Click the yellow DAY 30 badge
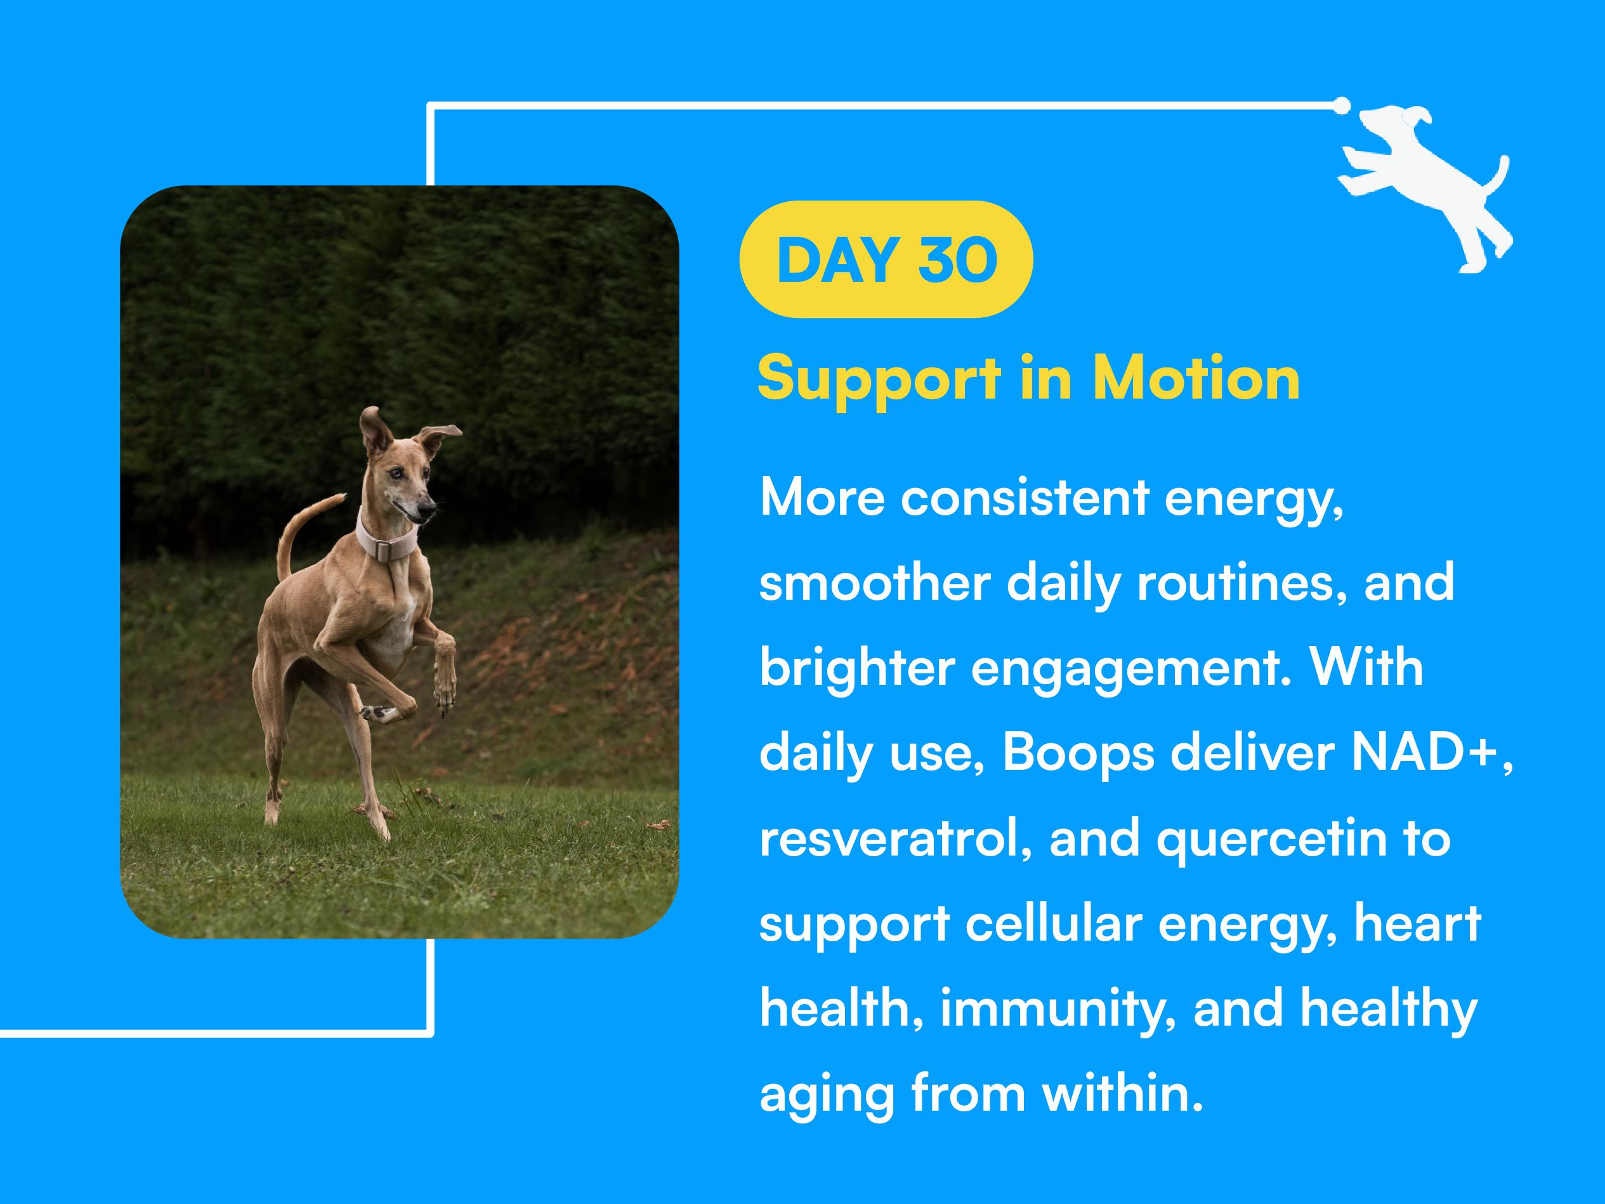[x=886, y=259]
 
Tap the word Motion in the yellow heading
[x=1196, y=378]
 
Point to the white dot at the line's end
[x=1342, y=105]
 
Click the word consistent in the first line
[x=1025, y=499]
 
